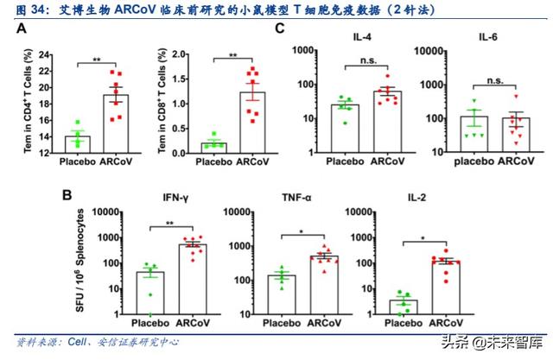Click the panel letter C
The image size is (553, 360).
279,28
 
